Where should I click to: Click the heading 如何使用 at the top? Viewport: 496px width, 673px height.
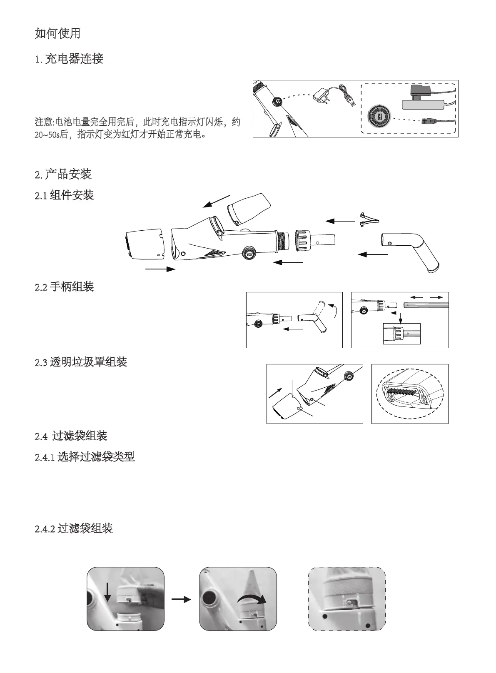57,33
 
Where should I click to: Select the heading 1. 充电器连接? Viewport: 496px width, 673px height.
69,59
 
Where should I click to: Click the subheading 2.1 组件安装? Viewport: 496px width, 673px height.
65,195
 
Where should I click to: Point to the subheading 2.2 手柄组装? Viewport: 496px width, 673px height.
65,287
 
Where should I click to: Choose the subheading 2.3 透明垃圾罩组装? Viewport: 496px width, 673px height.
81,362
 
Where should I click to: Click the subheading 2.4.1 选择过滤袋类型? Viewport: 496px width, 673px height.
85,457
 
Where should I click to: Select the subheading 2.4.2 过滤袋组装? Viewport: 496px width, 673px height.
74,529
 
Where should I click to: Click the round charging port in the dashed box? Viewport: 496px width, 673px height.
379,116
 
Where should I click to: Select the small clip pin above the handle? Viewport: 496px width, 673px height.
369,219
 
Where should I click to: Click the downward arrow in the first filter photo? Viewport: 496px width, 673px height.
107,592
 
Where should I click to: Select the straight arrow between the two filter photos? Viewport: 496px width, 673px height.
181,599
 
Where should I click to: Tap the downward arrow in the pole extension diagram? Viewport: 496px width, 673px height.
400,316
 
